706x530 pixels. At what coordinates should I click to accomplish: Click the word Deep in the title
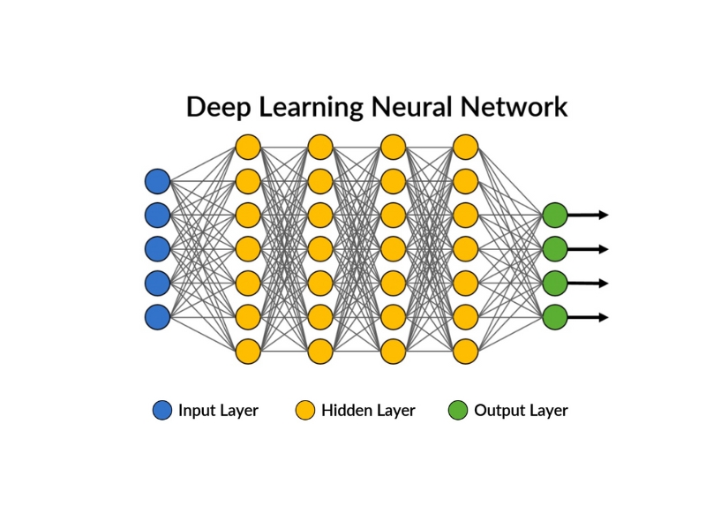[218, 108]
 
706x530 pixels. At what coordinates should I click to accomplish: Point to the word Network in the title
[515, 108]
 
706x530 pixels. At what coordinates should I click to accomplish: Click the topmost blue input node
[157, 181]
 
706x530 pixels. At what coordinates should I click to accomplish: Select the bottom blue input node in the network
[157, 316]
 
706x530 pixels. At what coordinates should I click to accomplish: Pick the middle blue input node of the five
[157, 248]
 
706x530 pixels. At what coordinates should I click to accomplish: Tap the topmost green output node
[554, 215]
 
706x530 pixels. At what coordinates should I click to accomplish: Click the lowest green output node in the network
[554, 316]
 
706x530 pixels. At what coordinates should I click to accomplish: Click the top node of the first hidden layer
[248, 147]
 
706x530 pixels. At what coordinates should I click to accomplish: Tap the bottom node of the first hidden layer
[248, 351]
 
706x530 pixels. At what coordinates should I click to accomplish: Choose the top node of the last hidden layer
[465, 147]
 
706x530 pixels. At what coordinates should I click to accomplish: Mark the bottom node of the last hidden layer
[465, 351]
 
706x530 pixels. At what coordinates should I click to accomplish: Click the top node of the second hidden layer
[320, 147]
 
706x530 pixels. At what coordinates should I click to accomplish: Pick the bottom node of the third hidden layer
[393, 351]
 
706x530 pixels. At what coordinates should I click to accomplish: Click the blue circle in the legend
[162, 410]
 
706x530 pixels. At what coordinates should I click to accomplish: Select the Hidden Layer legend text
[368, 410]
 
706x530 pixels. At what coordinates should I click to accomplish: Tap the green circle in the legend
[458, 410]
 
